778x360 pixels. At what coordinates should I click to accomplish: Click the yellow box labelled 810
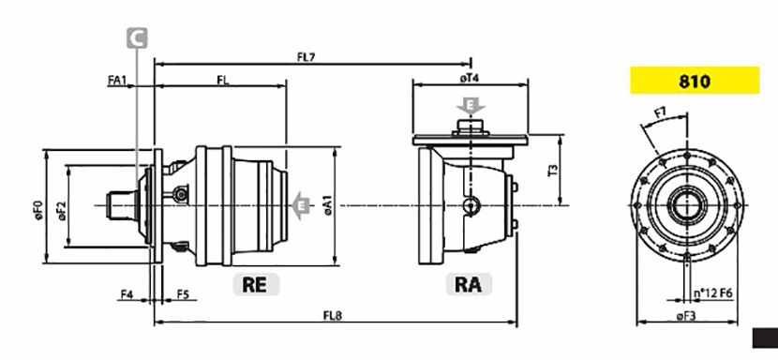(695, 81)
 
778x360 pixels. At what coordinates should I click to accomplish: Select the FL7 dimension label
(307, 57)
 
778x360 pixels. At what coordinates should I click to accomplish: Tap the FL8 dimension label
(333, 315)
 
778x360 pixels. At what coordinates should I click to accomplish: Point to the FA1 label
(116, 80)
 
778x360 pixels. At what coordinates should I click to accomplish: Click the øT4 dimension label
(469, 79)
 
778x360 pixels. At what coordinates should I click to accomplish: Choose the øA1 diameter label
(328, 205)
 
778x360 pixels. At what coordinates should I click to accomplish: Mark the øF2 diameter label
(62, 211)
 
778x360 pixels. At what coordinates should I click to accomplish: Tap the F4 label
(127, 294)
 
